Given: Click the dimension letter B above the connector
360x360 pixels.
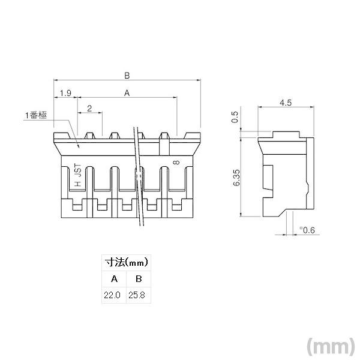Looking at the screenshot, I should pos(127,76).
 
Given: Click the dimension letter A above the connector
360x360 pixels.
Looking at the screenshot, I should pos(127,93).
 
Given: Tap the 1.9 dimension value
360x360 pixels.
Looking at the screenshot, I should pos(66,93).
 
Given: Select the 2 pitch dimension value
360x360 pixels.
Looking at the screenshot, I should pos(89,108).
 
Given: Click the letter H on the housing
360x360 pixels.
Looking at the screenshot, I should pos(77,185).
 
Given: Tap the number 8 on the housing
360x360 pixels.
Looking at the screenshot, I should pos(175,163).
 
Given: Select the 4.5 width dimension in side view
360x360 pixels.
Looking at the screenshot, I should pos(286,103).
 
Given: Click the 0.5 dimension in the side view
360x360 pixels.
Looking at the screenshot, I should pos(235,118).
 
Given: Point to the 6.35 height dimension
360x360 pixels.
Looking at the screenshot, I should pos(236,178).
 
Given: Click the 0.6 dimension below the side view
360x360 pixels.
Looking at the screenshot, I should pos(308,230).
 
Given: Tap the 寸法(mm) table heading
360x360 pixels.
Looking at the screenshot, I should pos(127,263).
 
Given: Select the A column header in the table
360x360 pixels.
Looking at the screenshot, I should pos(115,279).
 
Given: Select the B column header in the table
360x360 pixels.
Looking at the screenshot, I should pos(139,279).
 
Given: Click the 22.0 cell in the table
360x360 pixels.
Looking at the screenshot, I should pos(113,295).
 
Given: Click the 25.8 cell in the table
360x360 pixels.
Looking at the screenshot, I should pos(139,295).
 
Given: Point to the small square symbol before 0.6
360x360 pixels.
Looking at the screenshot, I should pos(300,229).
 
